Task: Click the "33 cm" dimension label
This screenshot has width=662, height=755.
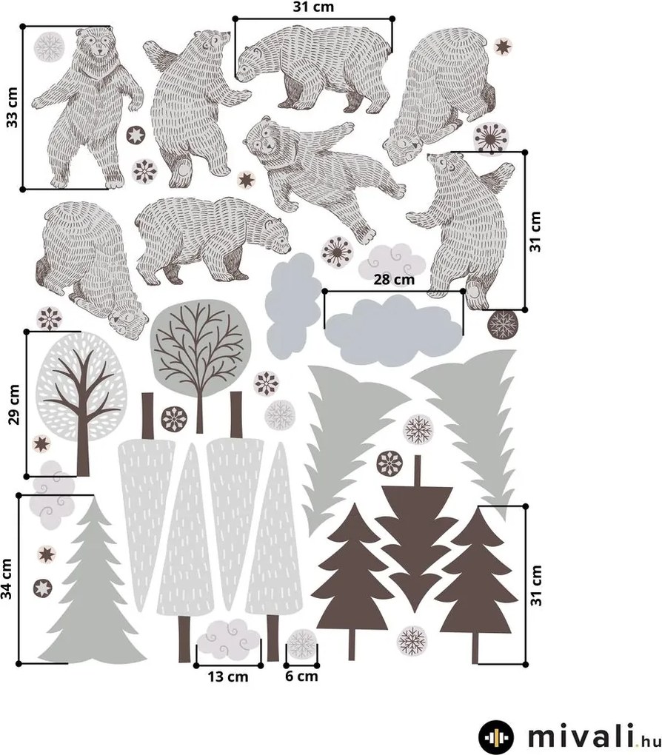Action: (12, 107)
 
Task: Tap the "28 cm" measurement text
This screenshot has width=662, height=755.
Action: (394, 279)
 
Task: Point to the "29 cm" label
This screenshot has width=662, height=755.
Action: (14, 404)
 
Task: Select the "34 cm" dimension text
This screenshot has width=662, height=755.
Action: (6, 579)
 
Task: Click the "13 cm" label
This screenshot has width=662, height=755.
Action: (228, 677)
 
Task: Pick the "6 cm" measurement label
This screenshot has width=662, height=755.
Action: (301, 676)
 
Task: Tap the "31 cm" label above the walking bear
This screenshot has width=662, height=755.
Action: (313, 7)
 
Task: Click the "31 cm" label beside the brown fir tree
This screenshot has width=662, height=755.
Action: (536, 585)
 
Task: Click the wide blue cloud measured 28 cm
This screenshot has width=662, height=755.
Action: (394, 331)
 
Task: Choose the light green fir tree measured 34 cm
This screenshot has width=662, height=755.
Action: (92, 583)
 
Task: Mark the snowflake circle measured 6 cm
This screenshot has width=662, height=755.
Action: (302, 643)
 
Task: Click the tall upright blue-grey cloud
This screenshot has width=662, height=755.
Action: (293, 306)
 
